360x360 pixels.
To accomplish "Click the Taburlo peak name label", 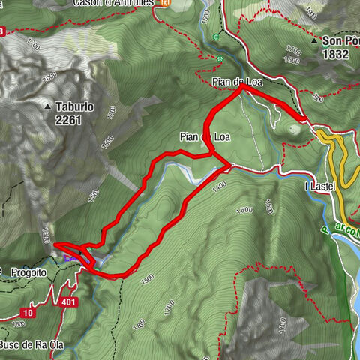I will coord(74,107).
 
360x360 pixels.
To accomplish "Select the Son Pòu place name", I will coord(340,41).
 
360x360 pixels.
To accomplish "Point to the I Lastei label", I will coord(318,185).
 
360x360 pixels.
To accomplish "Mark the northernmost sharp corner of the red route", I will coord(241,88).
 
